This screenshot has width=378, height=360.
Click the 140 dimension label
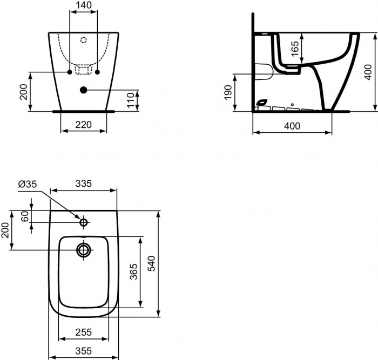click(83, 5)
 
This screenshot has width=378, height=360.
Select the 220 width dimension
click(83, 125)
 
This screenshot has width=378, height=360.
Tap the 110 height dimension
click(130, 100)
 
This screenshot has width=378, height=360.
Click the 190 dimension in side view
click(228, 92)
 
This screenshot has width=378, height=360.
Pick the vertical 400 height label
click(368, 72)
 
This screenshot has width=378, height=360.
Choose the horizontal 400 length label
click(292, 126)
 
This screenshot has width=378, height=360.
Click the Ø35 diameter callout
click(28, 184)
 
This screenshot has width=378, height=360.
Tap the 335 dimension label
click(84, 184)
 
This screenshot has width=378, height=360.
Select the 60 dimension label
click(25, 216)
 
